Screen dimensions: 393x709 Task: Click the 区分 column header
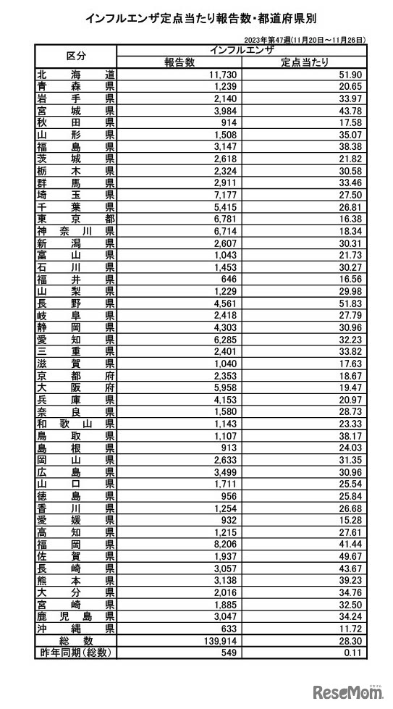(x=75, y=56)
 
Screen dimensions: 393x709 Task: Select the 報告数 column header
(x=179, y=62)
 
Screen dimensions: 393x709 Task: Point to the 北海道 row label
(x=75, y=75)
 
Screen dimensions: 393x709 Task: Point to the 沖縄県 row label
(x=75, y=628)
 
